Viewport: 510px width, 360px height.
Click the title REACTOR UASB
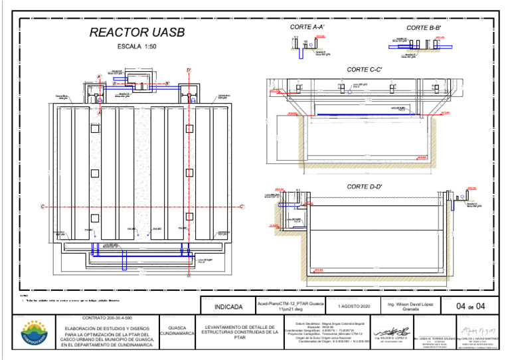[137, 33]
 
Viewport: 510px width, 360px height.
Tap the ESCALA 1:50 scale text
[137, 47]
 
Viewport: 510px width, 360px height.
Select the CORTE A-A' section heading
[307, 27]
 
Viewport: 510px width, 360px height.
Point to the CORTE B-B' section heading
[424, 28]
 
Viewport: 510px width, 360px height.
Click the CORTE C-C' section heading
[365, 69]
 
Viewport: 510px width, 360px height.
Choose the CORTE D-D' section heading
[365, 187]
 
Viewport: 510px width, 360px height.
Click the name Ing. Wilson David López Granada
[410, 306]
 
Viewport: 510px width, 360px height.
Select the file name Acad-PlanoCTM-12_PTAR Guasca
[290, 304]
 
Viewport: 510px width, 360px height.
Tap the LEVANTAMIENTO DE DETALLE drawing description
[240, 332]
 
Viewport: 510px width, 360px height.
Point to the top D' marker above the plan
[189, 70]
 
